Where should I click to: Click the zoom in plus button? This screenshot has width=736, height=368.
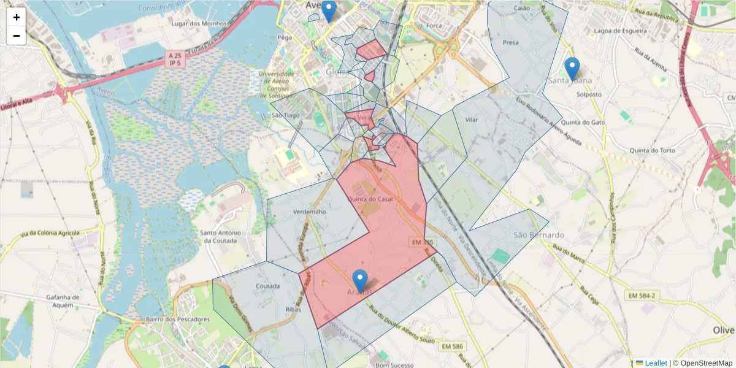(17, 17)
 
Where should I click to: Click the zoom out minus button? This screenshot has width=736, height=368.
(17, 36)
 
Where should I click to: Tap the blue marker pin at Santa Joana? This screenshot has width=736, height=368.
(572, 69)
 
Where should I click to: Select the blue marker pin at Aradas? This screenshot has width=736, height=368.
(360, 281)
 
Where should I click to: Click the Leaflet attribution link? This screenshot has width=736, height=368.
(656, 363)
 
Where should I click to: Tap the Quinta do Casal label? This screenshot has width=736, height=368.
(370, 199)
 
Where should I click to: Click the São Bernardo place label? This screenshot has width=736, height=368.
(539, 235)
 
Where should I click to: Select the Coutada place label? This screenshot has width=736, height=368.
(267, 286)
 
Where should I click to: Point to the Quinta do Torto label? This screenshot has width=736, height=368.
(653, 150)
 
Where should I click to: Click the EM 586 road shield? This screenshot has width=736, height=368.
(452, 347)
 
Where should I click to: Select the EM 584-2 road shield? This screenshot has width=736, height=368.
(642, 296)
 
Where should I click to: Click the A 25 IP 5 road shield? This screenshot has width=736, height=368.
(175, 59)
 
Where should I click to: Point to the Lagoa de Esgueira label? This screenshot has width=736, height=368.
(621, 31)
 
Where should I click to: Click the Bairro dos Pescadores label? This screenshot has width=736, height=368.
(178, 319)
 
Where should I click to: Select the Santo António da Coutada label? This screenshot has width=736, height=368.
(223, 236)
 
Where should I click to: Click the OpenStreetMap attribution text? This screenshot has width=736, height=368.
(702, 363)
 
